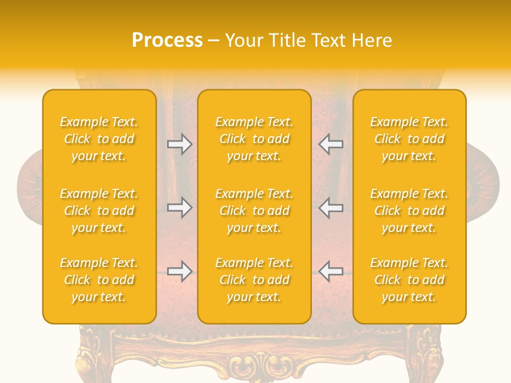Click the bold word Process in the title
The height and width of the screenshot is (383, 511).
click(167, 40)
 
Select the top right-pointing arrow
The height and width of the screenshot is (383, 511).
click(179, 144)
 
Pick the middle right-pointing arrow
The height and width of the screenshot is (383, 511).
click(179, 207)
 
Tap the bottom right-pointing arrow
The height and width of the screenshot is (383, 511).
click(179, 271)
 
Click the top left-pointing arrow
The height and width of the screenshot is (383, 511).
click(331, 144)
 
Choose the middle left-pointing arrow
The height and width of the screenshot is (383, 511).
click(331, 207)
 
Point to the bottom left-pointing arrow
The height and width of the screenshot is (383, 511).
click(331, 271)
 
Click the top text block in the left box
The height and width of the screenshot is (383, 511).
click(99, 139)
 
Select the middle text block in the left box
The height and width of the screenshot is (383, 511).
click(99, 211)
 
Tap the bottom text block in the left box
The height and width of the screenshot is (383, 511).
click(99, 280)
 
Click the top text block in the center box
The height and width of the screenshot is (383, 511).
click(254, 139)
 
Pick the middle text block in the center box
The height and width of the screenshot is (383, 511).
click(254, 211)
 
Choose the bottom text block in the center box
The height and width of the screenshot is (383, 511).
click(254, 280)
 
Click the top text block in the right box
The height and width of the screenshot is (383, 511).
click(409, 139)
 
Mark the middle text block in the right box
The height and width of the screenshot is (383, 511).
click(409, 211)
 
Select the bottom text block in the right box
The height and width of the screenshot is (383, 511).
click(409, 280)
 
